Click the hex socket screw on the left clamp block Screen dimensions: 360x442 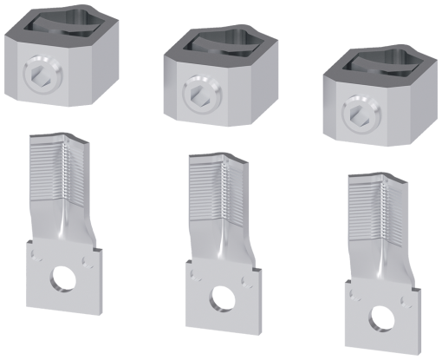point(39,71)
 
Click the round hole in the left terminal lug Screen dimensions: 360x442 point(62,278)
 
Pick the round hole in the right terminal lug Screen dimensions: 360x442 point(378,312)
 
